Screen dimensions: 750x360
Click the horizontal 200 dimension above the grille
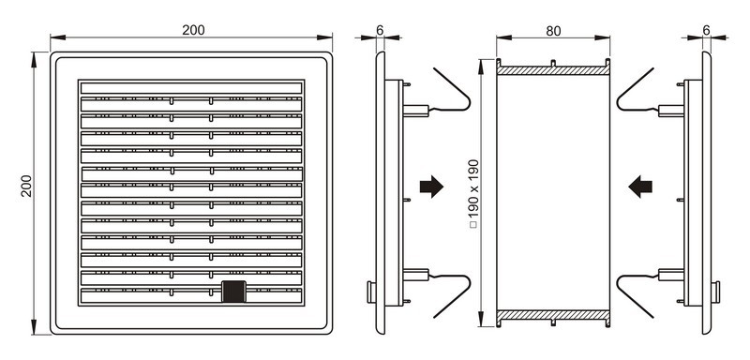tap(193, 30)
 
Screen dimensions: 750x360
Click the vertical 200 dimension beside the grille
tap(26, 186)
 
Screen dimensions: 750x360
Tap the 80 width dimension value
tap(553, 31)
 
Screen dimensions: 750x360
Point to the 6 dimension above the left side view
tap(380, 30)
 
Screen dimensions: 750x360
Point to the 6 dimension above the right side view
tap(707, 30)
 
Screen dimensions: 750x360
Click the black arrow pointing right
tap(431, 187)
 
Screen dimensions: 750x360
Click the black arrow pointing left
tap(640, 187)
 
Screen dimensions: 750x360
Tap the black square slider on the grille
tap(233, 292)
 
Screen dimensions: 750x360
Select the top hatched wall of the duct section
tap(553, 70)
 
